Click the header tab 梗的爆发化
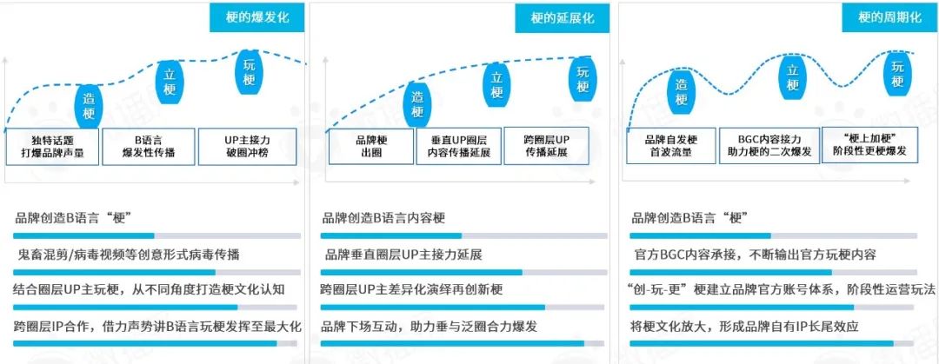point(257,17)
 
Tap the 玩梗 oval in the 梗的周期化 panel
point(897,72)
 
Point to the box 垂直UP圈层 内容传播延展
point(459,146)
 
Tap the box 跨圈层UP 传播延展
point(546,146)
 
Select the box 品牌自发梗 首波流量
point(672,145)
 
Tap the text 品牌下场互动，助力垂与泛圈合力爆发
point(430,327)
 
